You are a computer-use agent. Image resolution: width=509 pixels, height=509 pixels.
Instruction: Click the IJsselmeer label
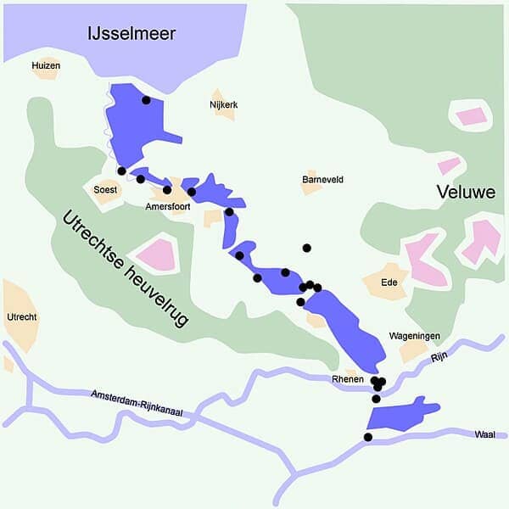[131, 34]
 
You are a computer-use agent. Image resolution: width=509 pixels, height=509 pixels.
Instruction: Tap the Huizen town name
[46, 64]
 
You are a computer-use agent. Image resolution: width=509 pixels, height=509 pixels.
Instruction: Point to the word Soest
[105, 190]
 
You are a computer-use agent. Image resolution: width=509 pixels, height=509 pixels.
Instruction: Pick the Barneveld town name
[322, 180]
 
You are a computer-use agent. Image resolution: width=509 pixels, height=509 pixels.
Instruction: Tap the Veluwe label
[466, 193]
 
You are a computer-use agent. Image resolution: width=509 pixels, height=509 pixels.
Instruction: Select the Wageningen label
[414, 336]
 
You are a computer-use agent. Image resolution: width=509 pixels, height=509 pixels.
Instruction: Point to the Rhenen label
[348, 379]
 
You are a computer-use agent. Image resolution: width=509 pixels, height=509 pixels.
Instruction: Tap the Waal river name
[484, 434]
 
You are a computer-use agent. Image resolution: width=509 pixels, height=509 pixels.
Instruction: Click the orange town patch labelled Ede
[386, 284]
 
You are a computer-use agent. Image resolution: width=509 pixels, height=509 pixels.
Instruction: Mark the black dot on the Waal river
[367, 437]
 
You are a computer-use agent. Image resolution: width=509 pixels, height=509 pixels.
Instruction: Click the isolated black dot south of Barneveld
[306, 248]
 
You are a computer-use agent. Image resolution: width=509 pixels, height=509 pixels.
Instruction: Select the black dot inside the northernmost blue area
[146, 100]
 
